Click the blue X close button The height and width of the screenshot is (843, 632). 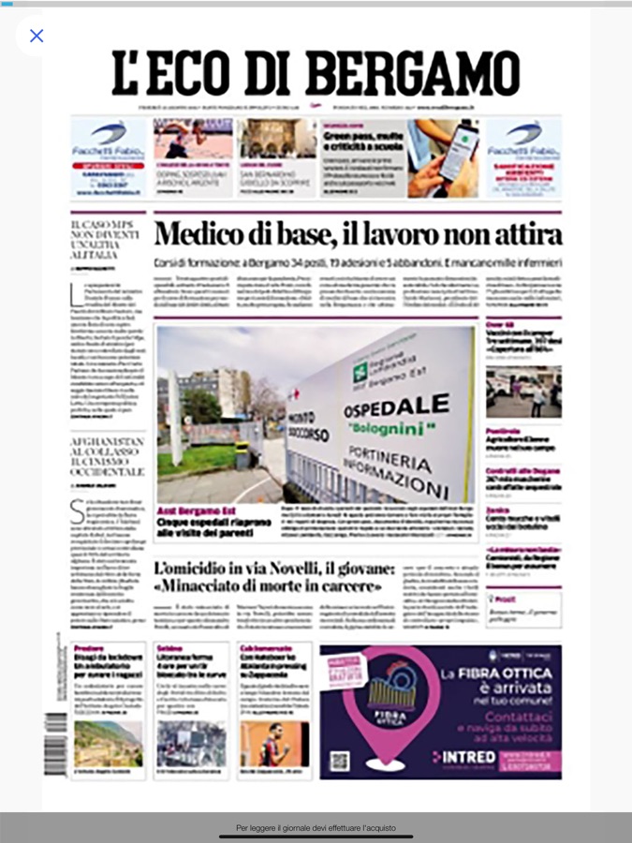point(37,36)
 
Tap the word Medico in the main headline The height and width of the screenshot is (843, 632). point(200,234)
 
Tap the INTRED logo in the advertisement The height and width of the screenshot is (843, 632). point(464,756)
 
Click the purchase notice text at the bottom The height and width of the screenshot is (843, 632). point(316,828)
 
